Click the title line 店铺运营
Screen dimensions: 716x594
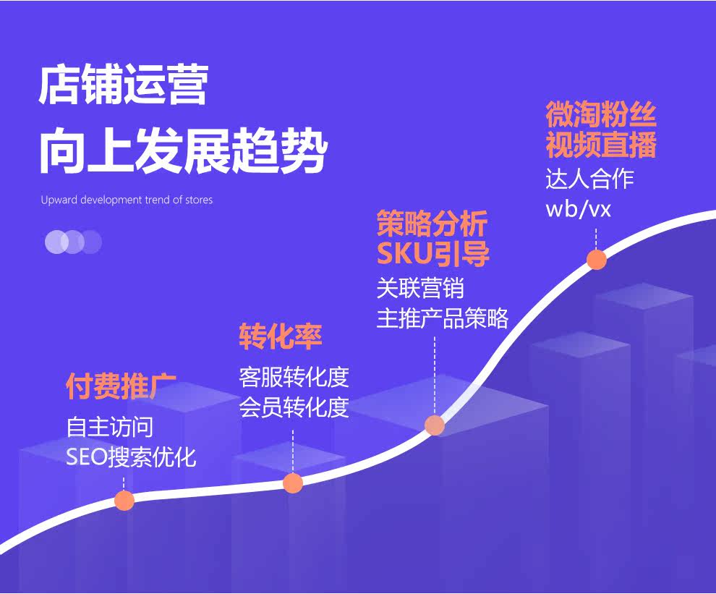(123, 85)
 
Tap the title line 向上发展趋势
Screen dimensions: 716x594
(183, 150)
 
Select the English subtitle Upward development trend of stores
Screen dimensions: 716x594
(127, 200)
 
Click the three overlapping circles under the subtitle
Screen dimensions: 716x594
(73, 242)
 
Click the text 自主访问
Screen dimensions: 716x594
(109, 427)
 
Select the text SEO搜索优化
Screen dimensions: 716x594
(131, 457)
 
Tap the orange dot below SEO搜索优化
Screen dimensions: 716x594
(124, 500)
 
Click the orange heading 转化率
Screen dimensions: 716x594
(281, 337)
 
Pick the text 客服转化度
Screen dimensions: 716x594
(294, 377)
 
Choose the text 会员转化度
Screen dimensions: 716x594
(294, 407)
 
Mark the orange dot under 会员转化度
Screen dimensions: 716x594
(293, 483)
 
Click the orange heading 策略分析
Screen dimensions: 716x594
(432, 224)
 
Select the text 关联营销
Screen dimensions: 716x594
(420, 289)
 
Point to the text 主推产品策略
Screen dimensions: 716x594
(442, 318)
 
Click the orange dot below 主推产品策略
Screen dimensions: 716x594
(435, 425)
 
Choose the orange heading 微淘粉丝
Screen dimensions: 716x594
(601, 115)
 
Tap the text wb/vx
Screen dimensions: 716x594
(578, 210)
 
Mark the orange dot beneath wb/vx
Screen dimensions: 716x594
(597, 259)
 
